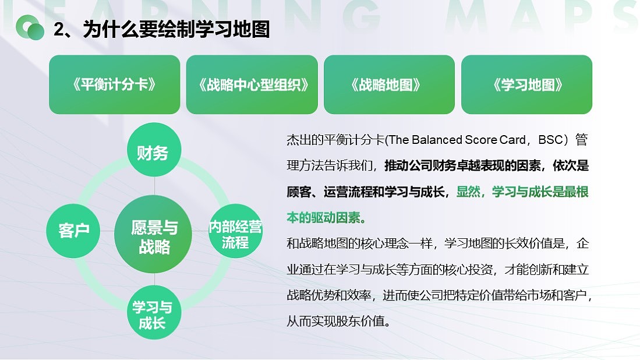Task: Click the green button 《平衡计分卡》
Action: pyautogui.click(x=114, y=85)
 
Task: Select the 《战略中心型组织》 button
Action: pyautogui.click(x=252, y=85)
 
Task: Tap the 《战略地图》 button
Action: pyautogui.click(x=389, y=85)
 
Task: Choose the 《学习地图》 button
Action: pyautogui.click(x=526, y=85)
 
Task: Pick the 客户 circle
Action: pyautogui.click(x=73, y=230)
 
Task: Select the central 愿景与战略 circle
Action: pyautogui.click(x=154, y=236)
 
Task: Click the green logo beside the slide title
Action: pyautogui.click(x=30, y=27)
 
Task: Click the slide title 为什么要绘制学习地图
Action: pyautogui.click(x=176, y=29)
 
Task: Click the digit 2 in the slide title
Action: pyautogui.click(x=58, y=30)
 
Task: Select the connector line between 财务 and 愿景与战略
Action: pyautogui.click(x=154, y=187)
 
